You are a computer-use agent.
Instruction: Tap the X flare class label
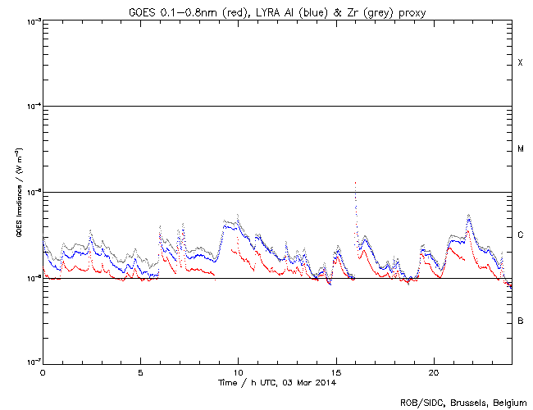[x=520, y=63]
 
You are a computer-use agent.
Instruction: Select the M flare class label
[x=520, y=149]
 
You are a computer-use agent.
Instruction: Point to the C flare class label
[x=520, y=235]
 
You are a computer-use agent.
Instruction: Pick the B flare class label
[x=520, y=321]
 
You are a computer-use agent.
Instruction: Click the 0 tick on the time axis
[x=43, y=371]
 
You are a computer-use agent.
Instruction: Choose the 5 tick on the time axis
[x=140, y=371]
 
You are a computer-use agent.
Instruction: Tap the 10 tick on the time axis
[x=238, y=371]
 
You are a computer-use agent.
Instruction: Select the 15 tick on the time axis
[x=335, y=371]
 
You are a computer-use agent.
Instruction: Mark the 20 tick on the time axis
[x=433, y=371]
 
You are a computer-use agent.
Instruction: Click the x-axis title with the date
[x=277, y=382]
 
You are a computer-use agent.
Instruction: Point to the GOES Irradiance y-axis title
[x=16, y=192]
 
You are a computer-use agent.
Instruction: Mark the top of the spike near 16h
[x=355, y=183]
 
